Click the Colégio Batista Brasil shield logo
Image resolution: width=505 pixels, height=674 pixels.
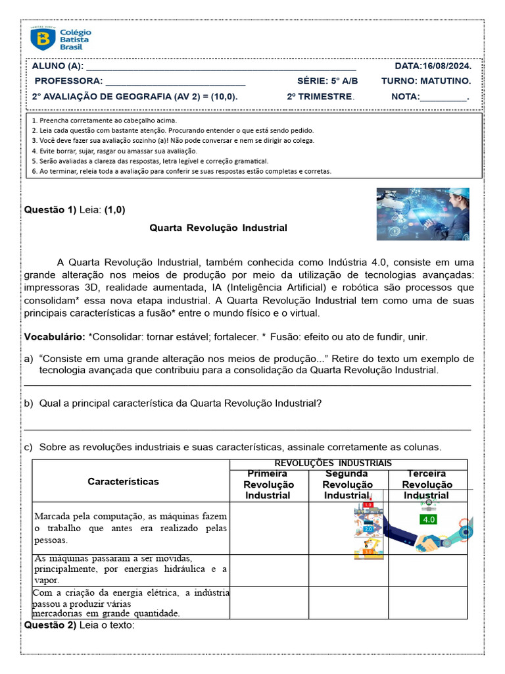click(x=43, y=39)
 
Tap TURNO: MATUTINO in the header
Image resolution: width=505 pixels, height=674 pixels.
click(x=425, y=81)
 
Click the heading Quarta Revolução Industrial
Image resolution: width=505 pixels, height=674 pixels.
click(x=218, y=228)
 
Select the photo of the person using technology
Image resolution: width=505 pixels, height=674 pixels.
click(x=423, y=214)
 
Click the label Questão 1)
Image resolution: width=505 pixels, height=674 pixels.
click(x=50, y=210)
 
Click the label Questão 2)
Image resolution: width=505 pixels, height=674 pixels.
click(x=50, y=625)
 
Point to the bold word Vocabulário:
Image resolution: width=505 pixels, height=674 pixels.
click(x=55, y=337)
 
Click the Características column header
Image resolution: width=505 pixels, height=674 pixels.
click(x=123, y=481)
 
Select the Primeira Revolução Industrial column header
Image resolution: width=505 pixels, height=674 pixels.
click(x=268, y=484)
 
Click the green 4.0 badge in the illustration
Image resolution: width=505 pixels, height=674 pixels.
click(x=429, y=519)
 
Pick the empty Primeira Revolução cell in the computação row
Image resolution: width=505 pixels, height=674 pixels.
click(x=268, y=528)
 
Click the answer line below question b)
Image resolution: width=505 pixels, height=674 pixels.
click(x=247, y=428)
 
